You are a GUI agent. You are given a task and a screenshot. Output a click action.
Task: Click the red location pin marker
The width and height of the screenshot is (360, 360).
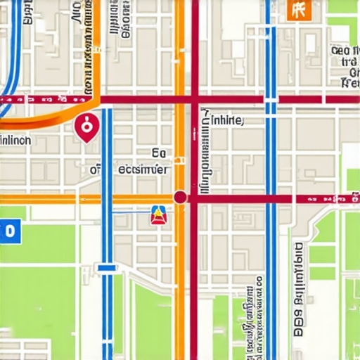point(86,127)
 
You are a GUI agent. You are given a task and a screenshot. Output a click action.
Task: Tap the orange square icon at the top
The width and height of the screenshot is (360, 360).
point(298,9)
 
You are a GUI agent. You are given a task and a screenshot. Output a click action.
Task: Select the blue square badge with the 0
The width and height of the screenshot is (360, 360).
point(8,230)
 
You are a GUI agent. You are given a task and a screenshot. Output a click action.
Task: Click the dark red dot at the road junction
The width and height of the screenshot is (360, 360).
point(180,198)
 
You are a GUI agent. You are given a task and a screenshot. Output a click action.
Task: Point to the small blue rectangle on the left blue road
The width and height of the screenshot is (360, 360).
point(107,267)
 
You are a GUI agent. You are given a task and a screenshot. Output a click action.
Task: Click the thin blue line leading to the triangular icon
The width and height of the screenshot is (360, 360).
point(130,211)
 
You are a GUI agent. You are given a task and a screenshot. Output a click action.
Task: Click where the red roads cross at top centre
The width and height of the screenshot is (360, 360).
point(195,99)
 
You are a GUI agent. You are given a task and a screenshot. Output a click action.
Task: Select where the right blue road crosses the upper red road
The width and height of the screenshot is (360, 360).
point(271,99)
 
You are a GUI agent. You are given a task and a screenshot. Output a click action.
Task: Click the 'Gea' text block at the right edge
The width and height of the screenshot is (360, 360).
point(345,67)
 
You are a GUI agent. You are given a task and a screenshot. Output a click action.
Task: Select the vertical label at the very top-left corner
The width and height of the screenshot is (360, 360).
point(28,12)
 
